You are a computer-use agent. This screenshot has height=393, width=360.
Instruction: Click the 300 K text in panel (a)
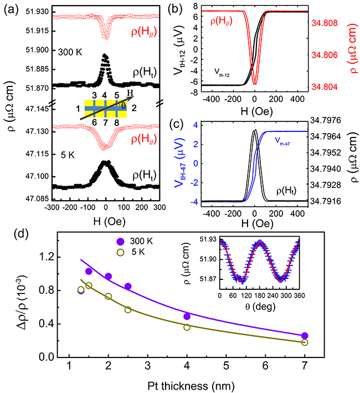coord(69,51)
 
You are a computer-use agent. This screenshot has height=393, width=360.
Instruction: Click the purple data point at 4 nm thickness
coord(187,317)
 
